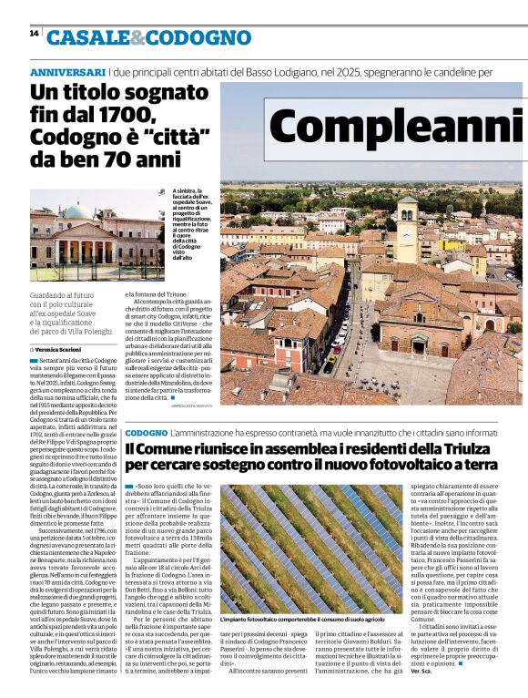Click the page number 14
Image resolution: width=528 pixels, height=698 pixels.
point(34,33)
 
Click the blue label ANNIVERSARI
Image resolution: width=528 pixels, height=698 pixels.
point(67,71)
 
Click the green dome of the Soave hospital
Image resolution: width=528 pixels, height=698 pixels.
point(77,211)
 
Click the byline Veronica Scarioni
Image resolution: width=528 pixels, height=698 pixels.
point(64,349)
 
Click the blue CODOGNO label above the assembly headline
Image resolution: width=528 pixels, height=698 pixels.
point(146,432)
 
